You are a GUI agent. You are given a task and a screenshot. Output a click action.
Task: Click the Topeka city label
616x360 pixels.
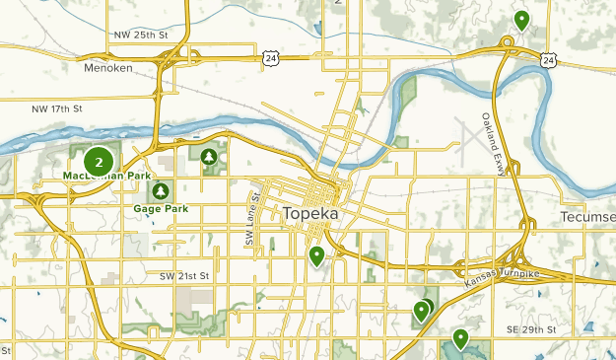pyautogui.click(x=310, y=214)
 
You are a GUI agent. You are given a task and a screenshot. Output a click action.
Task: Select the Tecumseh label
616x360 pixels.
pyautogui.click(x=587, y=216)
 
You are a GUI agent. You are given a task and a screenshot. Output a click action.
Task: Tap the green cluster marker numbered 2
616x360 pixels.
pyautogui.click(x=99, y=161)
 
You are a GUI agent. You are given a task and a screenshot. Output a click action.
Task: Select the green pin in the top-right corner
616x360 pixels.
pyautogui.click(x=521, y=19)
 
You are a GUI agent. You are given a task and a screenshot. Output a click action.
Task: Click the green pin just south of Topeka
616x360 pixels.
pyautogui.click(x=316, y=256)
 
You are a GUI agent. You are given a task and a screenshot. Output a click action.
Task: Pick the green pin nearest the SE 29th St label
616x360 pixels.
pyautogui.click(x=460, y=339)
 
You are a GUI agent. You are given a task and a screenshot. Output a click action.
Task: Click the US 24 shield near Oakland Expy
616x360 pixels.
pyautogui.click(x=547, y=60)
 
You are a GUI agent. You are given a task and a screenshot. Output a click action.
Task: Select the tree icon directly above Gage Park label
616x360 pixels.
pyautogui.click(x=162, y=189)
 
